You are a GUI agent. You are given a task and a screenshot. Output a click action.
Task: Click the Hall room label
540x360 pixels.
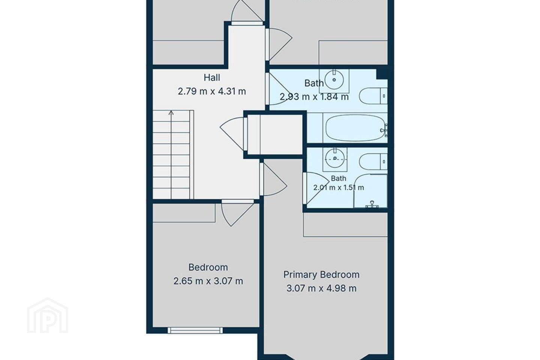tap(211, 78)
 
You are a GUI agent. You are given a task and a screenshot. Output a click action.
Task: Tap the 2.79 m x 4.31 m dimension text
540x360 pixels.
tap(211, 91)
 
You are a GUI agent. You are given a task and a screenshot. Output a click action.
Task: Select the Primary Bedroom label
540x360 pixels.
tap(321, 274)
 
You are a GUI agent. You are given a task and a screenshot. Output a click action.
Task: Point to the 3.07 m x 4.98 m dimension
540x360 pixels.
tap(321, 288)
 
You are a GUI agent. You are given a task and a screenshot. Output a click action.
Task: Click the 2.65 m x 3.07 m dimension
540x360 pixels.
tap(208, 281)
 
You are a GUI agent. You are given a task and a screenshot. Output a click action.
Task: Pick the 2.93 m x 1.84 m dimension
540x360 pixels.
tap(314, 97)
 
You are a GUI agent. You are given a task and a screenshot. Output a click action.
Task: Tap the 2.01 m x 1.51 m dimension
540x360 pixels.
tap(339, 187)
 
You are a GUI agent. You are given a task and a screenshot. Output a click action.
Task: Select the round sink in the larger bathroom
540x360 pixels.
tap(334, 80)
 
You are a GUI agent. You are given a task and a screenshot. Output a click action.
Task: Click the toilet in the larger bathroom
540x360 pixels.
tap(373, 96)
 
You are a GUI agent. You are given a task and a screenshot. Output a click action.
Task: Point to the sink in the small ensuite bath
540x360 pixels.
tap(335, 159)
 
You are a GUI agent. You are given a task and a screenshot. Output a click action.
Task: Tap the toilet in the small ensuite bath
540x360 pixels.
tap(373, 161)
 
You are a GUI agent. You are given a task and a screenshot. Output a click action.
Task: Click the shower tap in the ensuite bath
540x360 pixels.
tap(372, 204)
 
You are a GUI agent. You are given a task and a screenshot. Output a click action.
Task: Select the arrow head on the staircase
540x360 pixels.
tap(171, 112)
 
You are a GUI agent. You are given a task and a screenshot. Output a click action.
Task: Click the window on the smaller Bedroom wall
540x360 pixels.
tap(195, 330)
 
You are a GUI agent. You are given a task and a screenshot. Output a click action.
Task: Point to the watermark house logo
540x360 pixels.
tap(48, 315)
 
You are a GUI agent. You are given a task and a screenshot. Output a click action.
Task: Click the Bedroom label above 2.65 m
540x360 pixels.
tap(208, 267)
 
